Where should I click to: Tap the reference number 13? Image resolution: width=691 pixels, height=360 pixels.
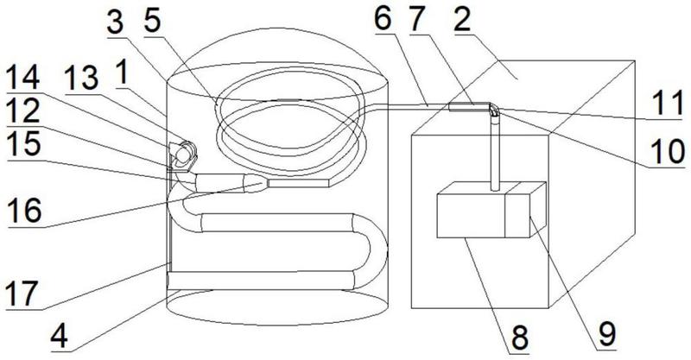tap(81, 79)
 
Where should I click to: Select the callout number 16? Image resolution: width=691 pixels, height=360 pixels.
tap(25, 210)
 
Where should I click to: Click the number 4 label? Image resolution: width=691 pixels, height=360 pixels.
tap(59, 338)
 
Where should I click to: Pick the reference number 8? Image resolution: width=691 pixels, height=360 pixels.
tap(520, 339)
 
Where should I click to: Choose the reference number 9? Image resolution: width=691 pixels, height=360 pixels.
tap(607, 334)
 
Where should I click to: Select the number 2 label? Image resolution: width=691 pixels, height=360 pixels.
tap(462, 20)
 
